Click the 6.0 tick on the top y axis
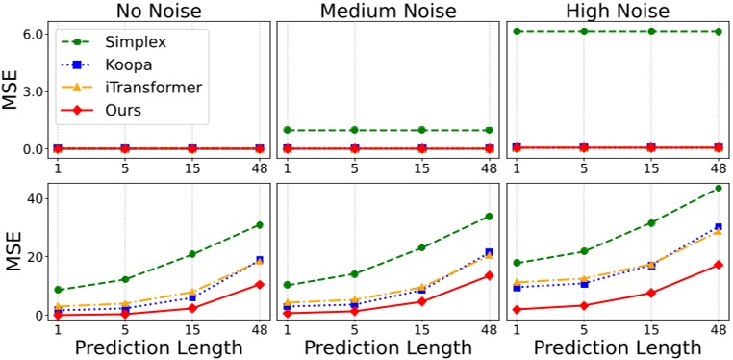(34, 34)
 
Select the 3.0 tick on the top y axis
(34, 91)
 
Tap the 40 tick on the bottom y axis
(36, 198)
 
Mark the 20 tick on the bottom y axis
(36, 257)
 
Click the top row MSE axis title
(12, 91)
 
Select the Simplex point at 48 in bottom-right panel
(719, 188)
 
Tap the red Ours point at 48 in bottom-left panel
(261, 284)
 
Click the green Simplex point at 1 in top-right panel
(518, 32)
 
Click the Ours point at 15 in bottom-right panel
(651, 293)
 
